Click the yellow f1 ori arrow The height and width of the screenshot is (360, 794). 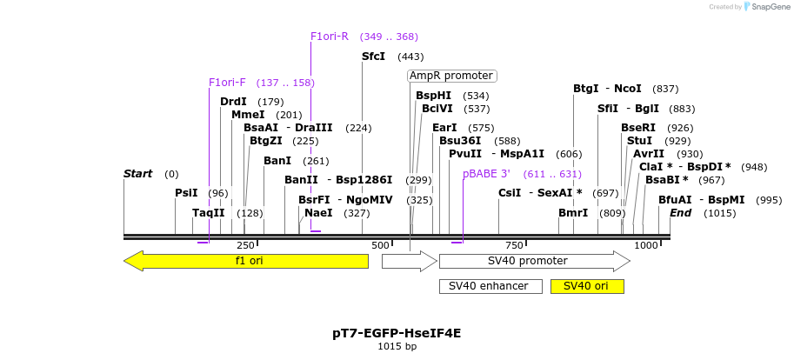click(x=248, y=261)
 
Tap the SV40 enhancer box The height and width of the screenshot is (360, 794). click(x=490, y=286)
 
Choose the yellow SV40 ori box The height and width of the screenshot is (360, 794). click(x=587, y=286)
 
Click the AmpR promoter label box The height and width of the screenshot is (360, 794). click(x=451, y=76)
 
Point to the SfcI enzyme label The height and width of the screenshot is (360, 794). click(x=373, y=57)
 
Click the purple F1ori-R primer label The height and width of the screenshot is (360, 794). click(x=330, y=37)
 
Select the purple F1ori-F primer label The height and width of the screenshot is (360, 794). click(x=227, y=83)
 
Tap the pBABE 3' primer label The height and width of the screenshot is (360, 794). click(x=486, y=174)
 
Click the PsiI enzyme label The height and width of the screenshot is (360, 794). click(x=186, y=193)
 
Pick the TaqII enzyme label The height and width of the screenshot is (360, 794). click(x=209, y=213)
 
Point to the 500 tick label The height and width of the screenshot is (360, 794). click(x=380, y=246)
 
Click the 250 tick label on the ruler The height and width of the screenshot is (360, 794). click(x=246, y=246)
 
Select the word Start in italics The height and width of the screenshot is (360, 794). click(x=137, y=174)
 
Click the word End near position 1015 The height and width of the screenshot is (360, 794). click(x=680, y=213)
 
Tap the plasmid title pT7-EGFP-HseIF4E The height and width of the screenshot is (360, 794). click(x=397, y=333)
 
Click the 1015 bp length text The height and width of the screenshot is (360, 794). click(x=397, y=346)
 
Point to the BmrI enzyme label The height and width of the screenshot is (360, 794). click(x=573, y=213)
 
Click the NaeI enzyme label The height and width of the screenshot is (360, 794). click(x=318, y=213)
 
